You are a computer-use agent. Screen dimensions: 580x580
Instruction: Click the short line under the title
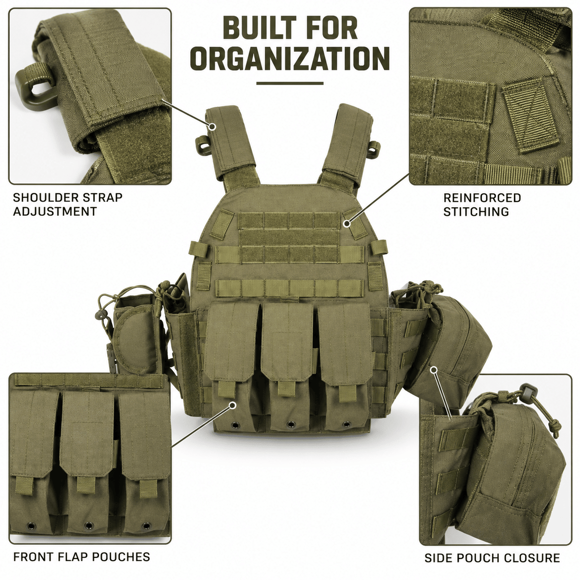[x=290, y=83]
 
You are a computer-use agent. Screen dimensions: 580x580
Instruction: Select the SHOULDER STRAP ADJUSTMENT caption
[x=68, y=204]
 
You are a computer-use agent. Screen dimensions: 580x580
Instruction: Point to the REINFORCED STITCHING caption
[x=482, y=204]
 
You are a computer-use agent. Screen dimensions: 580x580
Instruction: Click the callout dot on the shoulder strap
[x=213, y=127]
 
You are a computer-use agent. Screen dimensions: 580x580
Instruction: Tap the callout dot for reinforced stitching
[x=348, y=223]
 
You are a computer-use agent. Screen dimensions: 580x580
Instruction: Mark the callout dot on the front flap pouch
[x=232, y=405]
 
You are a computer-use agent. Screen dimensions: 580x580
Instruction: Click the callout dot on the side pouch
[x=434, y=369]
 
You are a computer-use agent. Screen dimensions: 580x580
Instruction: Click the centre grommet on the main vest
[x=290, y=424]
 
